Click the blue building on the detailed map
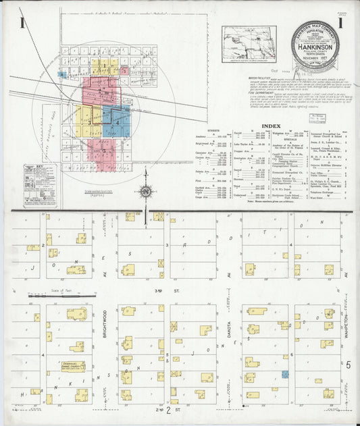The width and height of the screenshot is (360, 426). [285, 374]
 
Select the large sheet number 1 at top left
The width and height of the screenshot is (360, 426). [22, 25]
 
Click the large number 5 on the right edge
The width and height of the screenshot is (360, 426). [349, 365]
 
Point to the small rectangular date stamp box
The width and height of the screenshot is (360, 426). [314, 119]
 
